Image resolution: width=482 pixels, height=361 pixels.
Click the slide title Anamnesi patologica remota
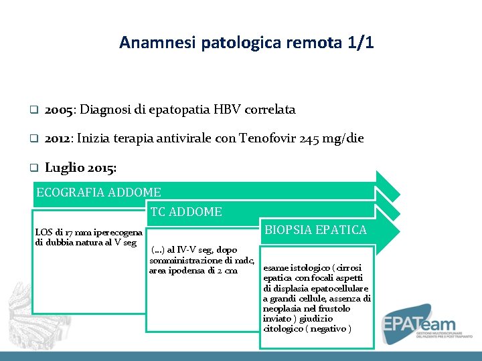(x=246, y=43)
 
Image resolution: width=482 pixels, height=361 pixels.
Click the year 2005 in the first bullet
(x=60, y=110)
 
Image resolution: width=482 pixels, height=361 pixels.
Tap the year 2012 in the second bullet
(x=59, y=139)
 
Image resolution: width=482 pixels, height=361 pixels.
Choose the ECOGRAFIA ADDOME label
(x=98, y=193)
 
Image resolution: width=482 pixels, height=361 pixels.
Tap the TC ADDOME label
(x=186, y=212)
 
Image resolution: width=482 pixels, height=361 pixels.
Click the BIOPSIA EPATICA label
(x=316, y=230)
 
